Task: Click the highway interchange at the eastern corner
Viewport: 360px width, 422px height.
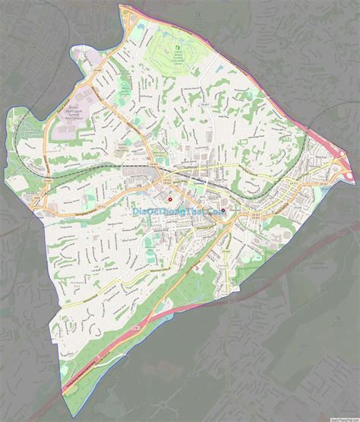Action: (334, 167)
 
